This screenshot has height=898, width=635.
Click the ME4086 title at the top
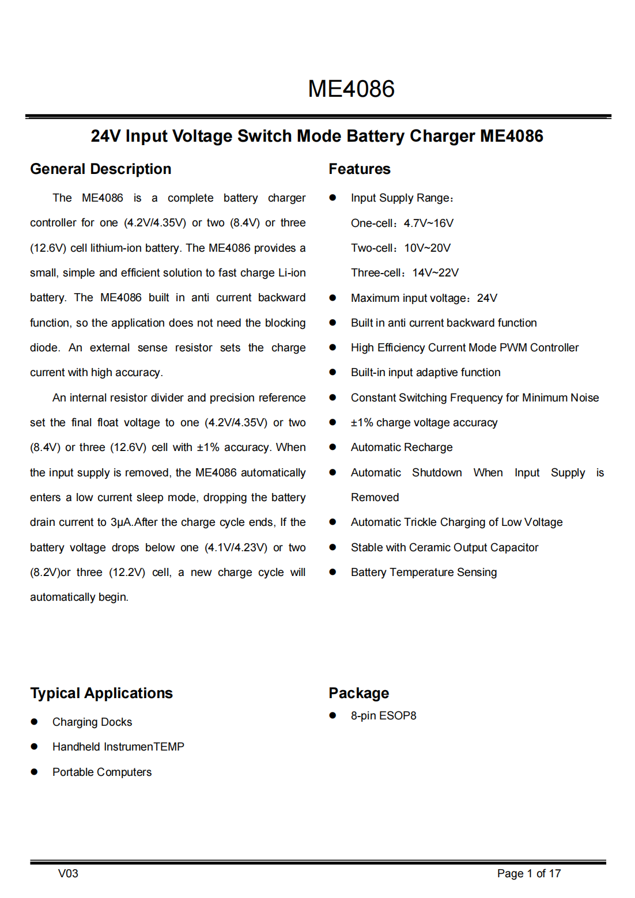tap(351, 89)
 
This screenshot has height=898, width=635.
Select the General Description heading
tap(101, 169)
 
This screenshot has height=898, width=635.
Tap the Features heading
tap(360, 169)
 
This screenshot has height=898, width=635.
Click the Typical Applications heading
tap(101, 693)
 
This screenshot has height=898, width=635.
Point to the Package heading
tap(358, 693)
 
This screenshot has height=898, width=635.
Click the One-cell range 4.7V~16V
tap(429, 223)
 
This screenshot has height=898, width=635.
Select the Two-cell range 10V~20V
tap(428, 248)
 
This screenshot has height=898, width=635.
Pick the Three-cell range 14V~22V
tap(436, 272)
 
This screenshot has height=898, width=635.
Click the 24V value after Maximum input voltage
tap(487, 298)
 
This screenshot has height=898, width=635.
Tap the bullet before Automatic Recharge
tap(332, 447)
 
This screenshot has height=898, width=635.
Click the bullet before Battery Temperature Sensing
tap(332, 572)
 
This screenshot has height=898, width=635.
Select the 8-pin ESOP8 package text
tap(383, 715)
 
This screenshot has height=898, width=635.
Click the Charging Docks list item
tap(92, 722)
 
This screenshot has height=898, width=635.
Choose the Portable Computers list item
tap(102, 772)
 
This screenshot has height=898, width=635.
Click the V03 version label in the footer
tap(68, 873)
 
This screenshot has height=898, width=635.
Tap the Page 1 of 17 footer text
tap(528, 873)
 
